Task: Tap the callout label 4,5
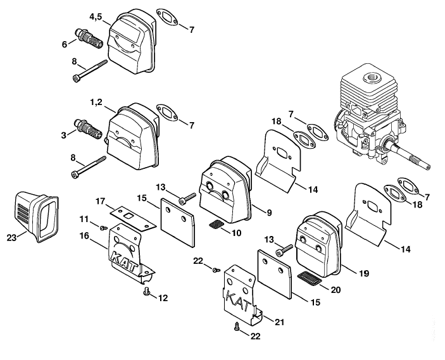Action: pos(96,17)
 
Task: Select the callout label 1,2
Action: pos(96,102)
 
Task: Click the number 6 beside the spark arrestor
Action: pos(65,44)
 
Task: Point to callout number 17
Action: pos(100,201)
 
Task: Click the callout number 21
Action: pos(279,322)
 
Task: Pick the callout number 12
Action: pos(163,298)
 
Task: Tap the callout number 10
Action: pos(236,233)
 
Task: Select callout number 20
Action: pos(335,290)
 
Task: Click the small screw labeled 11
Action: pos(104,227)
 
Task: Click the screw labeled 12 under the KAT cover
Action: pos(147,291)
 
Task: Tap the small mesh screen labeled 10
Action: pos(215,225)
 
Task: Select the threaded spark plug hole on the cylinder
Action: pos(371,77)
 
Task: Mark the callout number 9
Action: pos(269,213)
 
